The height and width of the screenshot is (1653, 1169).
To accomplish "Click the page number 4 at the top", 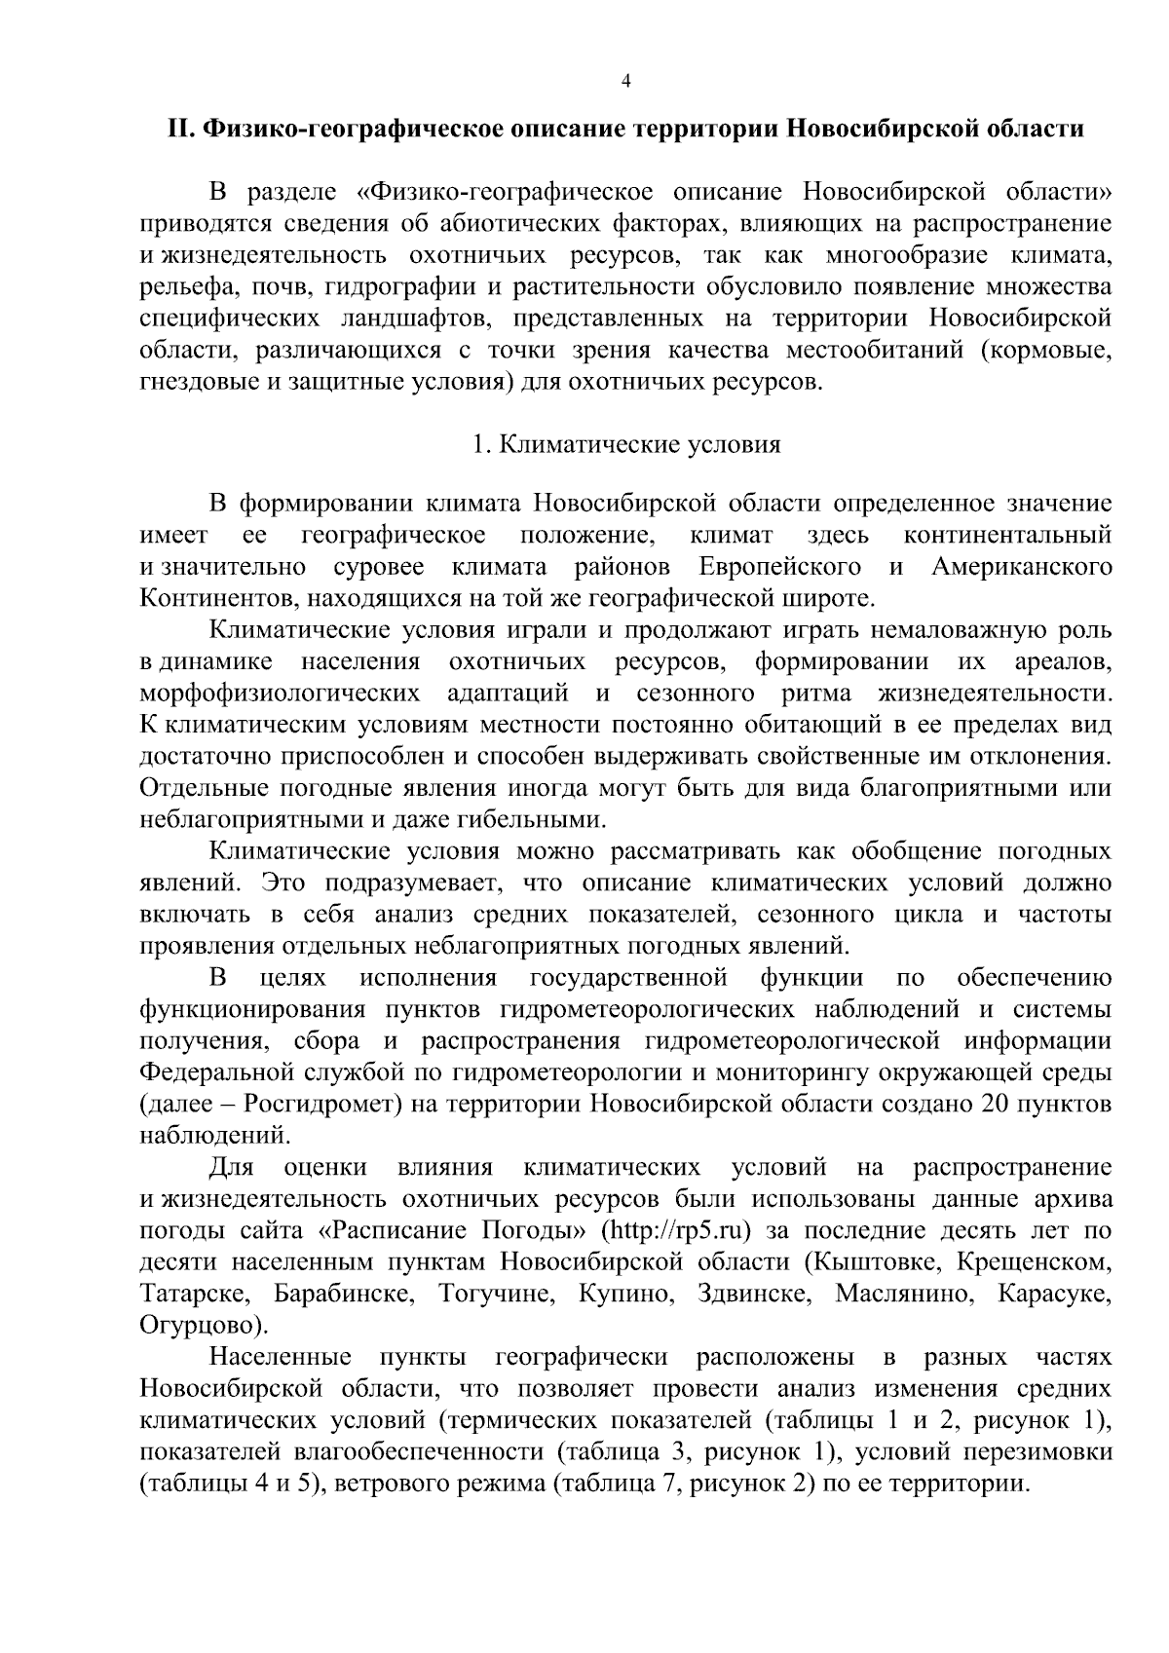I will click(625, 82).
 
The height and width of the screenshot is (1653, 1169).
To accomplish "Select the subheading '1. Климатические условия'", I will click(625, 444).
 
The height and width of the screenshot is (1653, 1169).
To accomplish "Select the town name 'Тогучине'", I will click(487, 1294).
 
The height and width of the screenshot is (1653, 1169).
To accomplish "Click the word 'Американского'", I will click(1021, 567).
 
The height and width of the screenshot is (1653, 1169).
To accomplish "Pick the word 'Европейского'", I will click(779, 567).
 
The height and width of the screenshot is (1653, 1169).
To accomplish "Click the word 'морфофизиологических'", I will click(280, 694).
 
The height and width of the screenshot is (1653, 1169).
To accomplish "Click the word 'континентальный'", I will click(1007, 535).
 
